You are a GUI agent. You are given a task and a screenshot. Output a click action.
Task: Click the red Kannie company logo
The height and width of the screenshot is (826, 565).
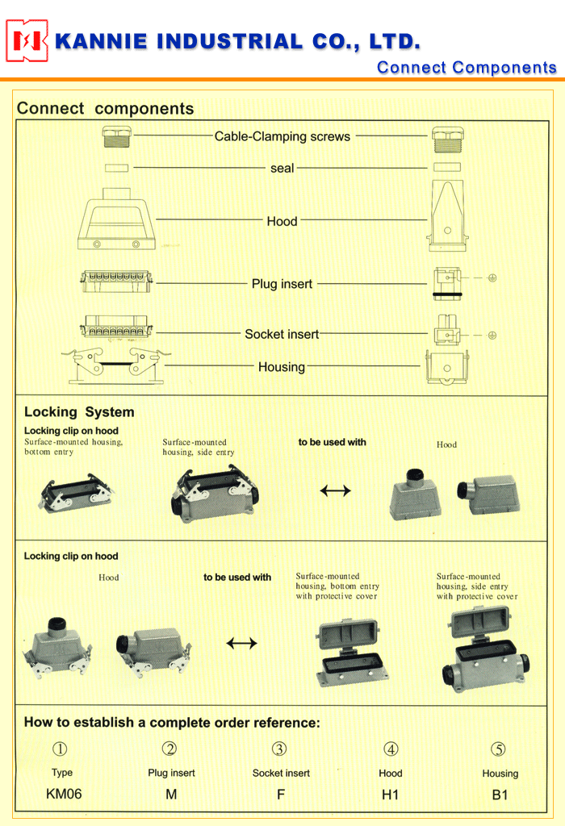[27, 40]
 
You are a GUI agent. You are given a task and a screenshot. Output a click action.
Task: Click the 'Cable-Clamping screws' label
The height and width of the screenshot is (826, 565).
[282, 136]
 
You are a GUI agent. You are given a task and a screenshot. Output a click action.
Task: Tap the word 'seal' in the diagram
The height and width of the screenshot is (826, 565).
[282, 168]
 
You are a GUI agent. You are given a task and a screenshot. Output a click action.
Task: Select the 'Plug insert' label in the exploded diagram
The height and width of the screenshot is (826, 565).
[282, 284]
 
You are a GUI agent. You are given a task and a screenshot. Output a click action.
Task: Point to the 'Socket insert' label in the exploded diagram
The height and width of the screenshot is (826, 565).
[282, 334]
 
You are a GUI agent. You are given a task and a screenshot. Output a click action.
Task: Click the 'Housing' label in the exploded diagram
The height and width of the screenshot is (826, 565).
[282, 367]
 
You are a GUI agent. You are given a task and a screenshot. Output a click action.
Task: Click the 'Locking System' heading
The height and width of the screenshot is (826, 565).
[79, 412]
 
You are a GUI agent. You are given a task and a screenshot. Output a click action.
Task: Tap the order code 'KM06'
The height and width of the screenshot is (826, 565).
[64, 794]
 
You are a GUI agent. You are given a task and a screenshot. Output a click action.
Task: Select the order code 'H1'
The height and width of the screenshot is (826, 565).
[391, 795]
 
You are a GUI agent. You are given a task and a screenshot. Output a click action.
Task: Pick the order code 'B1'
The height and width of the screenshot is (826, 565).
[500, 795]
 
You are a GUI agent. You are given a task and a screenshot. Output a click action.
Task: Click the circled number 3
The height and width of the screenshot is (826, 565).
[279, 749]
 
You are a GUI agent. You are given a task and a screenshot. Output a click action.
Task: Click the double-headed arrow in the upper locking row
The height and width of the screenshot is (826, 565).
[336, 490]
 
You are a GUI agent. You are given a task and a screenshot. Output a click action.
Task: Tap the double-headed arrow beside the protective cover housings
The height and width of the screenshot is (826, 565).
[241, 643]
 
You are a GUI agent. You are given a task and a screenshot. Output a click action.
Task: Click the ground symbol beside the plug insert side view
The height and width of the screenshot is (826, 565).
[492, 277]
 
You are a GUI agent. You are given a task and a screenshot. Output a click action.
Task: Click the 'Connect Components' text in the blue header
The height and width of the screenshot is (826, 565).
[467, 68]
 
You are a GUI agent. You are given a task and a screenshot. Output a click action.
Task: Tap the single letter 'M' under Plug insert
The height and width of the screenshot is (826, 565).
[171, 795]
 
